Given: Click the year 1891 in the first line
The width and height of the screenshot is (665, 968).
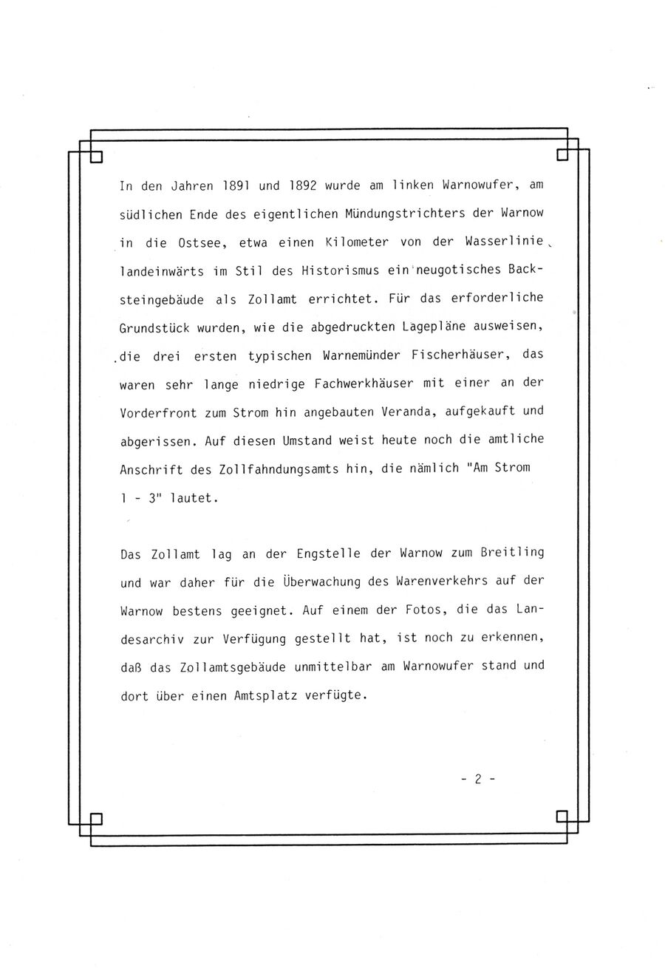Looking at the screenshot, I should click(220, 185).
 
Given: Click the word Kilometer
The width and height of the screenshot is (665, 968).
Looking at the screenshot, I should click(362, 242).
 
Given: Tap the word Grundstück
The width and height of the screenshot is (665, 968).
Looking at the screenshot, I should click(153, 327).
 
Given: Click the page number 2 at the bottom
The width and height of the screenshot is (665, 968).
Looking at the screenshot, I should click(479, 778).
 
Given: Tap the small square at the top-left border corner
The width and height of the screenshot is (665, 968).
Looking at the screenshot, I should click(95, 157).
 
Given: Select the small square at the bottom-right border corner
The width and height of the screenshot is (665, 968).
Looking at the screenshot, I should click(562, 817).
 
